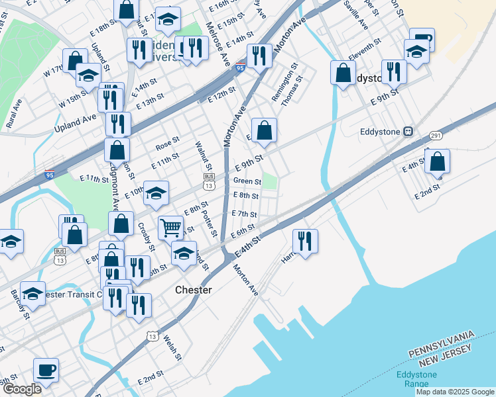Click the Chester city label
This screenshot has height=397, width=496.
point(194,290)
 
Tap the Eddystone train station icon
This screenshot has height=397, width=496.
point(409,132)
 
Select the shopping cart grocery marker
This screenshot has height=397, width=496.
point(171,228)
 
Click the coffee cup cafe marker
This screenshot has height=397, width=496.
point(46,371)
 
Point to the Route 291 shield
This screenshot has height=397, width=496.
point(436,135)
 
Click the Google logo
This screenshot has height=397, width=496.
point(21,388)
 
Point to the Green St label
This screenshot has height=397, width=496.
point(247,181)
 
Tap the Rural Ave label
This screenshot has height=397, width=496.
point(15,112)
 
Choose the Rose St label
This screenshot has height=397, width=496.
point(167,143)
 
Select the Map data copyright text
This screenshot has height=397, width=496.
point(456,392)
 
